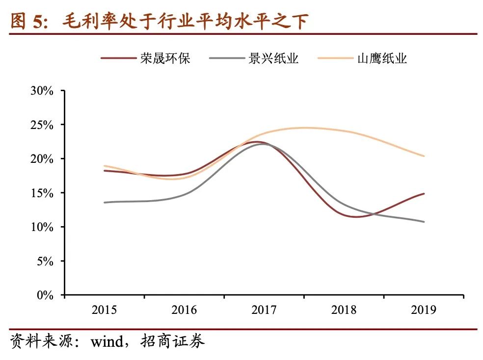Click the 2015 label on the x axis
tap(104, 310)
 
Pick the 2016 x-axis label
tap(184, 310)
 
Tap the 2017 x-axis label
tap(264, 310)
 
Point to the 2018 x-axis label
tap(344, 310)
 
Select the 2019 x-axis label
tap(424, 310)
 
